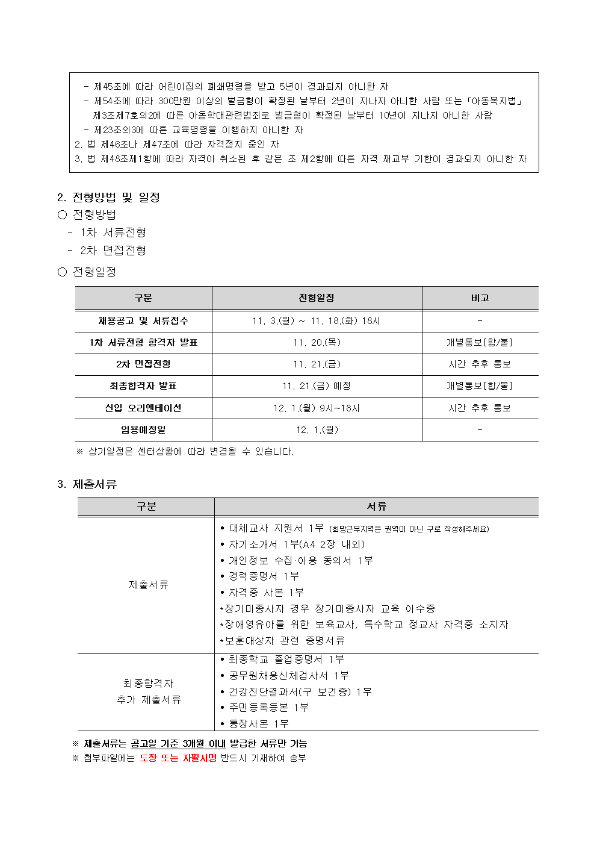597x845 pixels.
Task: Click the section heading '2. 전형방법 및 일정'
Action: click(108, 198)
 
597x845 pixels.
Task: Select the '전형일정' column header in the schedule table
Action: click(316, 298)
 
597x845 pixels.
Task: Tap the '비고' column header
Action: click(480, 298)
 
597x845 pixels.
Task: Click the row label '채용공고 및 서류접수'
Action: click(143, 321)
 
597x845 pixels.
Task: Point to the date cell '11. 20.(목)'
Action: click(317, 343)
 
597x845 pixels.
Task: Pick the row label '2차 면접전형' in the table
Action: click(143, 364)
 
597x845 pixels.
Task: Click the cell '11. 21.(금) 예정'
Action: click(317, 386)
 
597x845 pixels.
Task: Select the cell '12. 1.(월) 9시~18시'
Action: click(317, 408)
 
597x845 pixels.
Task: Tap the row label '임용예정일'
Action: click(143, 430)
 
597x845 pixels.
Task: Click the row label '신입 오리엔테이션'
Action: click(143, 408)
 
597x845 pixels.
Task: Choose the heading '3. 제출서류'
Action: click(87, 485)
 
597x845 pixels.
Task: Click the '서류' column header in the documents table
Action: click(376, 507)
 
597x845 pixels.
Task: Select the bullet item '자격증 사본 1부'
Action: click(266, 593)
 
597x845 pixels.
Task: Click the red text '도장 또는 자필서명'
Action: click(178, 758)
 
